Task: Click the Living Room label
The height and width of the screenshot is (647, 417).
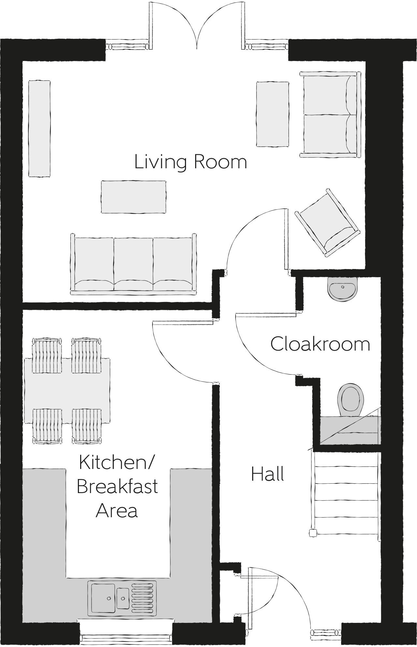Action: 191,162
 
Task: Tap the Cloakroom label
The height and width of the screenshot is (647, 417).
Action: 320,344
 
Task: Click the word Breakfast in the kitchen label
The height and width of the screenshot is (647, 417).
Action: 117,487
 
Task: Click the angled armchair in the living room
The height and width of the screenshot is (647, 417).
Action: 327,223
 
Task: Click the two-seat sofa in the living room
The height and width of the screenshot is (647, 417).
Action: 330,115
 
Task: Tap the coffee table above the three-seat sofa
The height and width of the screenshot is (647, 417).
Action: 133,197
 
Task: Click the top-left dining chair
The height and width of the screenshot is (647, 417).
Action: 47,355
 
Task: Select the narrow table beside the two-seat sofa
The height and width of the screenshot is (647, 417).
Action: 273,114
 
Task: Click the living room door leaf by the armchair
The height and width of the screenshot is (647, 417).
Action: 286,239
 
